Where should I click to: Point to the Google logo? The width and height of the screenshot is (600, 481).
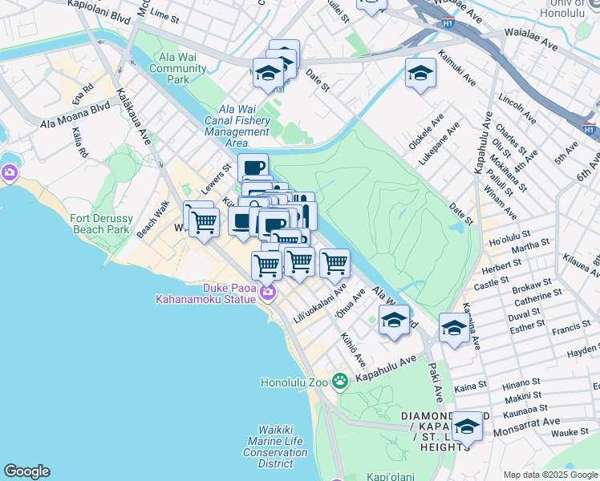tap(26, 471)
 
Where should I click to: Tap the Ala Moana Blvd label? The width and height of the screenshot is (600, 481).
tap(75, 114)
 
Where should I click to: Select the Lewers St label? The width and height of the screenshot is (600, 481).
tap(216, 172)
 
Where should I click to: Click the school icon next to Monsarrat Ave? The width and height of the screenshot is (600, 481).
tap(467, 428)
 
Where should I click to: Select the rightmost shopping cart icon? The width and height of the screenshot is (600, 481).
tap(334, 262)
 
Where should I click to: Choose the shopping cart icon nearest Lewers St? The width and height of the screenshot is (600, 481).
tap(204, 221)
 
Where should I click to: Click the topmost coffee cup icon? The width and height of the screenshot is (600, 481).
tap(253, 168)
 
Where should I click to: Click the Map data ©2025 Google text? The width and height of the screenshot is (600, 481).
tap(549, 475)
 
